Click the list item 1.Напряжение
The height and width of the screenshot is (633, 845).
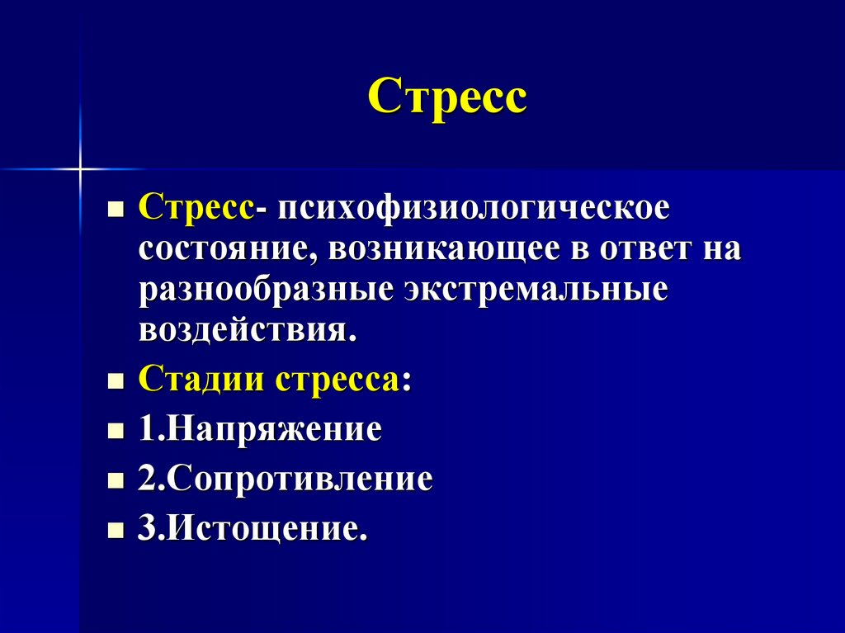260,430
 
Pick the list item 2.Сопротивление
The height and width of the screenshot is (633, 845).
286,479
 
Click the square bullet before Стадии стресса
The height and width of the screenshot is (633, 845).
116,384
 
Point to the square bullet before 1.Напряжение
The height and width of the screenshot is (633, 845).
116,432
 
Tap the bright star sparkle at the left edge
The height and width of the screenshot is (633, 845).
81,169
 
